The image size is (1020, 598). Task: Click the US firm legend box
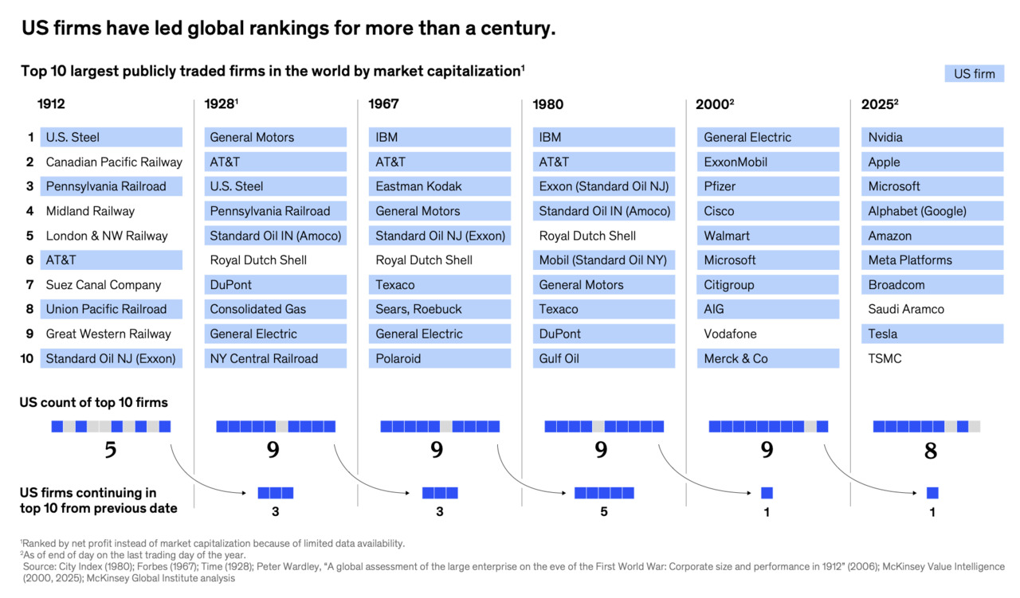(x=974, y=74)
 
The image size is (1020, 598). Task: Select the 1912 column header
(x=51, y=104)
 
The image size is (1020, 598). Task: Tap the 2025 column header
(x=879, y=104)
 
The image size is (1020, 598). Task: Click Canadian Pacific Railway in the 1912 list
(x=114, y=162)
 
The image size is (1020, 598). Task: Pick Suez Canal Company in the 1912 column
(x=104, y=285)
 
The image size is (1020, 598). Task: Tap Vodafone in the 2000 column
(x=730, y=334)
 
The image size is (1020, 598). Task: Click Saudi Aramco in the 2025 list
(x=906, y=310)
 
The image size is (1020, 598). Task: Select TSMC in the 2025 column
(x=885, y=358)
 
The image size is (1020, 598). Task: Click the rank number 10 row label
(x=27, y=358)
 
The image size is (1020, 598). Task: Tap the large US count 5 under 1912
(x=111, y=450)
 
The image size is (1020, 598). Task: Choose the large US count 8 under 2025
(x=931, y=451)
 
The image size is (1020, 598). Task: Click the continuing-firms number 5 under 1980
(x=604, y=511)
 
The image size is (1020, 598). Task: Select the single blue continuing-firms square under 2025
(x=932, y=493)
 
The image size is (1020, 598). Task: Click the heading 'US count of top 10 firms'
(x=93, y=403)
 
